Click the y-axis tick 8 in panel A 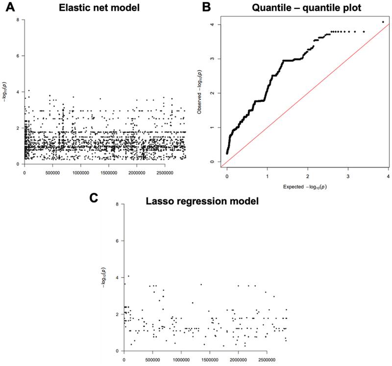[x=18, y=20]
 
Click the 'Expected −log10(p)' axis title [x=306, y=187]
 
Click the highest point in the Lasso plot [x=128, y=276]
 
